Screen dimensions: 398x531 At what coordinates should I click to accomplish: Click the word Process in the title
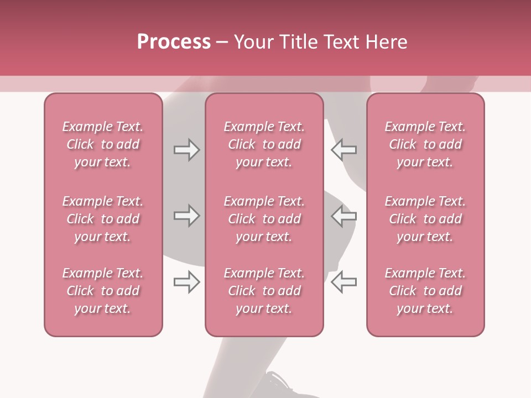coord(174,42)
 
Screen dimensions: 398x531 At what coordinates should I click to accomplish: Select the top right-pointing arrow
coord(187,150)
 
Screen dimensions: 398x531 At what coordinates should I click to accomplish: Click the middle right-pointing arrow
coord(187,216)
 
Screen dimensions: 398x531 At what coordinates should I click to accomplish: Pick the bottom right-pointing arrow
coord(187,282)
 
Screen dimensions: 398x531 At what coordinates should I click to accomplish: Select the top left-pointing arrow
coord(343,150)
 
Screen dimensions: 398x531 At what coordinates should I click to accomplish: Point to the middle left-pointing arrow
coord(343,216)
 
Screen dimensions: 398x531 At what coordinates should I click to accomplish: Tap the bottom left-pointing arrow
coord(343,282)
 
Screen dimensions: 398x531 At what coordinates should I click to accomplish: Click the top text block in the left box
coord(103,144)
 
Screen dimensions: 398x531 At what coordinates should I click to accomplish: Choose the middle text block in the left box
coord(103,219)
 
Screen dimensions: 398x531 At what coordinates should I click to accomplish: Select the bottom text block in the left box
coord(103,291)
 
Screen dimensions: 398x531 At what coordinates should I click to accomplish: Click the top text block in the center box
coord(264,144)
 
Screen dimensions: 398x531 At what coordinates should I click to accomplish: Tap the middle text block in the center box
coord(264,219)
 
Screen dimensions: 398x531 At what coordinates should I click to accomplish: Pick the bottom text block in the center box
coord(264,291)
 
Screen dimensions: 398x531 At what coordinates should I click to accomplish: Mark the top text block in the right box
coord(425,144)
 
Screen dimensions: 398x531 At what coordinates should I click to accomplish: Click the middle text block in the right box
coord(425,219)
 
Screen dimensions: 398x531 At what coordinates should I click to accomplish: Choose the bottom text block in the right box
coord(425,291)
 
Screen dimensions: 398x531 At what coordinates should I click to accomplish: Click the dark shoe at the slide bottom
coord(282,386)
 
